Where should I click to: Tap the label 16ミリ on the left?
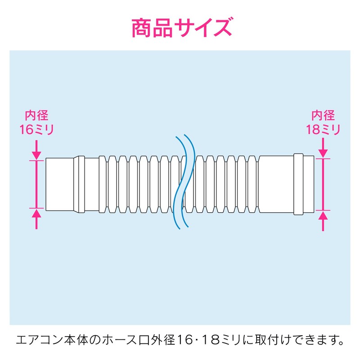coord(36,130)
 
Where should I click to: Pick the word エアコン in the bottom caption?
coord(37,338)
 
